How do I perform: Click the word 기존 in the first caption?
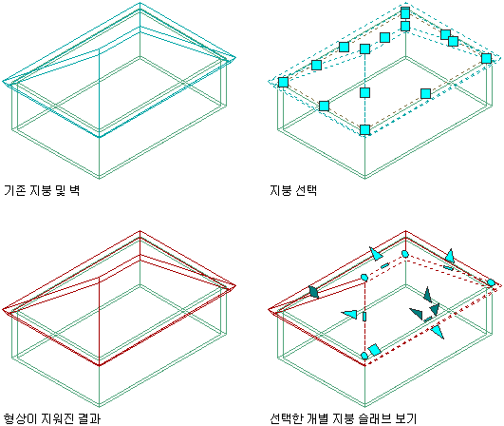click(15, 190)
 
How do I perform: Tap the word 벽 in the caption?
click(75, 190)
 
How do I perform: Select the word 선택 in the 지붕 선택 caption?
click(306, 190)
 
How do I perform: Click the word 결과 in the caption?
click(89, 418)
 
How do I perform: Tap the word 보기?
click(405, 418)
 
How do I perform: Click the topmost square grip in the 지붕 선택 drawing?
click(405, 13)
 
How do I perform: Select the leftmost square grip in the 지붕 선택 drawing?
click(283, 83)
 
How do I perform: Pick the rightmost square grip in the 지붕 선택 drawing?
click(486, 59)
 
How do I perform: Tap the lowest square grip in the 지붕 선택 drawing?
click(364, 130)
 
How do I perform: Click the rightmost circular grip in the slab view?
click(491, 283)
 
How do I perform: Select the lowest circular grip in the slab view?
click(364, 356)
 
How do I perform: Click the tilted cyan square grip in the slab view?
click(375, 350)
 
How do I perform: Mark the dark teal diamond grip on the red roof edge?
click(313, 292)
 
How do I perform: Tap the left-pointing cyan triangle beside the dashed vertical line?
click(349, 314)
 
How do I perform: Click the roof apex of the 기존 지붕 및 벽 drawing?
click(140, 3)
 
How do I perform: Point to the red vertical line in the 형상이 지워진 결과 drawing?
click(99, 321)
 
